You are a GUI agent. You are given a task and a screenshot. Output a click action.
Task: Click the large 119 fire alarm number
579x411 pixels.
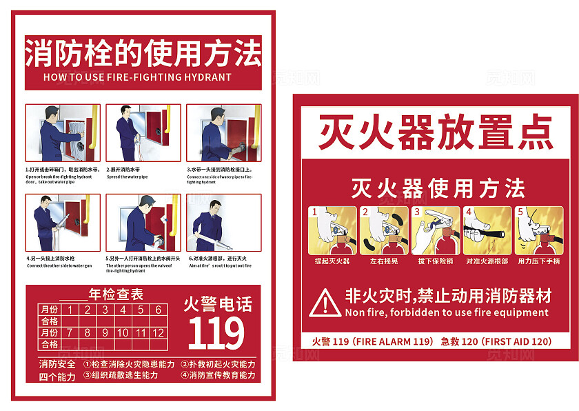pyautogui.click(x=216, y=334)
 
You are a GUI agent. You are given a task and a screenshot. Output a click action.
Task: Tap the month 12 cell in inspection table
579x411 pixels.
pyautogui.click(x=158, y=332)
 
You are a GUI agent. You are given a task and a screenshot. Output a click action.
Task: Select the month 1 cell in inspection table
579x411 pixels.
pyautogui.click(x=69, y=310)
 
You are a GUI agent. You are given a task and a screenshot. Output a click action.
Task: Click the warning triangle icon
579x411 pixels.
pyautogui.click(x=324, y=303)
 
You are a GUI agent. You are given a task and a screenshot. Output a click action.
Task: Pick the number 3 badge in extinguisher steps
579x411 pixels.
pyautogui.click(x=417, y=212)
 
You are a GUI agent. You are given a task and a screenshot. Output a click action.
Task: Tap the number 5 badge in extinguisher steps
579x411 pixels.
pyautogui.click(x=520, y=212)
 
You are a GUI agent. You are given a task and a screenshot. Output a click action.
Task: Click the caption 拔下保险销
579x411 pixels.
pyautogui.click(x=435, y=261)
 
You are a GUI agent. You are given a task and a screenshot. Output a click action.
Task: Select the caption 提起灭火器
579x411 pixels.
pyautogui.click(x=332, y=261)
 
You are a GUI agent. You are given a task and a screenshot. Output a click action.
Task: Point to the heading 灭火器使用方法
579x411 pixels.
pyautogui.click(x=438, y=188)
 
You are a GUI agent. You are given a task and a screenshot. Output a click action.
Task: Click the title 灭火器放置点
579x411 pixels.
pyautogui.click(x=435, y=132)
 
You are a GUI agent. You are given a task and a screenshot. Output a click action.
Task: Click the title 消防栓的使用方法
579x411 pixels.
pyautogui.click(x=143, y=52)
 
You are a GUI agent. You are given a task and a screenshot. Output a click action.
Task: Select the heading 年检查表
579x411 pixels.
pyautogui.click(x=116, y=294)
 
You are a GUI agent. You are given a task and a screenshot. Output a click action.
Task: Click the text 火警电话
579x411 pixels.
pyautogui.click(x=217, y=303)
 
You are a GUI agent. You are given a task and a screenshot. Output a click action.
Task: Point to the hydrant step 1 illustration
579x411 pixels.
pyautogui.click(x=63, y=133)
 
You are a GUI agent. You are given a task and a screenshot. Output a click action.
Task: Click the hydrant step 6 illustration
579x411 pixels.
pyautogui.click(x=223, y=223)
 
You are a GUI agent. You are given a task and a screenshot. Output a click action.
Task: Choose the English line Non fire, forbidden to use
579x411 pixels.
pyautogui.click(x=447, y=312)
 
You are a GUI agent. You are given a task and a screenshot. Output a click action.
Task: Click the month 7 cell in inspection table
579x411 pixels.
pyautogui.click(x=69, y=332)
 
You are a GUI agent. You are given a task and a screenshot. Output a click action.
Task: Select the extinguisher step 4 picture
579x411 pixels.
pyautogui.click(x=487, y=231)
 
